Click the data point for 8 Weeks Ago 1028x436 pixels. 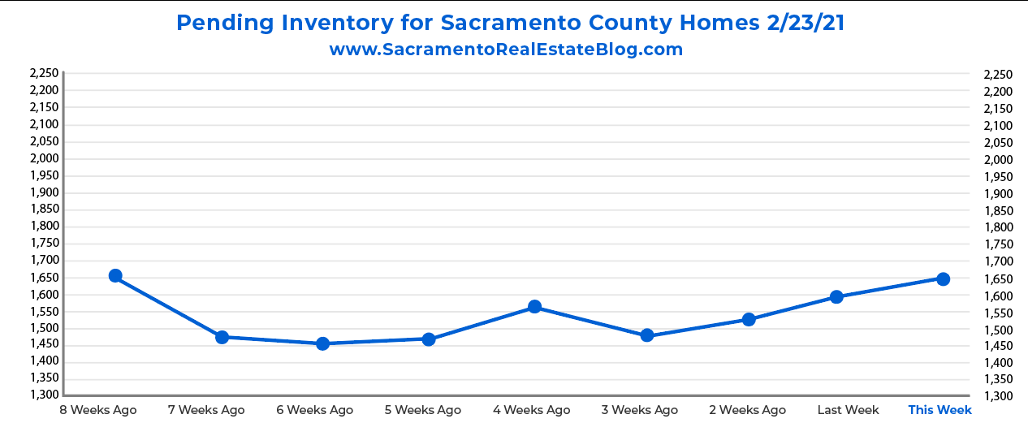point(115,276)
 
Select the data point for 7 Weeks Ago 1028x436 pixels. point(222,337)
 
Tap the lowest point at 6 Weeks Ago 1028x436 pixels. point(322,343)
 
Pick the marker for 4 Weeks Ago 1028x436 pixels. point(534,307)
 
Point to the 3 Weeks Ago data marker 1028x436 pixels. point(647,335)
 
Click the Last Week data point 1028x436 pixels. point(836,297)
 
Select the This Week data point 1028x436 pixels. point(943,279)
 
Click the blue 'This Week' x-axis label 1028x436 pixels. point(939,410)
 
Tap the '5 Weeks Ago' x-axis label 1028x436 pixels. point(422,410)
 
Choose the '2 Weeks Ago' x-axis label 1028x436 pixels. point(747,410)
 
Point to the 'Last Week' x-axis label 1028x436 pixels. point(848,410)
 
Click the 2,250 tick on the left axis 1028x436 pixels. point(44,73)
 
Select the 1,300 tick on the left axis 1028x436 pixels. point(44,395)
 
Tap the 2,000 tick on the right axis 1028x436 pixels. point(997,160)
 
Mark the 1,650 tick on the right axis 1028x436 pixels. point(997,279)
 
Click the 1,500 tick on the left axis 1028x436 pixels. point(44,328)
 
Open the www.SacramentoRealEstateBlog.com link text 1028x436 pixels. point(506,50)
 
